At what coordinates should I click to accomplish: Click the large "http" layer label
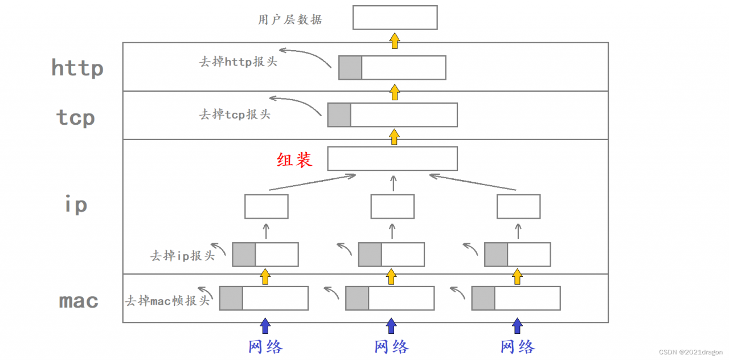tap(77, 68)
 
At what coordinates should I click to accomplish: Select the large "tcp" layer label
tap(75, 117)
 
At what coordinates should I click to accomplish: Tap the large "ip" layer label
tap(76, 204)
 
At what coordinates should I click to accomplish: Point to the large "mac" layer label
tap(79, 300)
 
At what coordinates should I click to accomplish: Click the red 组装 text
tap(294, 159)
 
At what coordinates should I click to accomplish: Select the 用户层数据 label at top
tap(290, 19)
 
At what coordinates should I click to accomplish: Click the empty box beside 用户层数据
tap(395, 18)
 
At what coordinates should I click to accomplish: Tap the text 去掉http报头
tap(237, 62)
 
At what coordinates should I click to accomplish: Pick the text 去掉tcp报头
tap(234, 114)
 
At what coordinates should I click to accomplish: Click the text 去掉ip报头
tap(182, 255)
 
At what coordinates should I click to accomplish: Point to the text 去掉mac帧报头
tap(168, 300)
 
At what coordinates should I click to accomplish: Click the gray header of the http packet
tap(350, 68)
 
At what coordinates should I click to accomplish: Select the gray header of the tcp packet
tap(339, 115)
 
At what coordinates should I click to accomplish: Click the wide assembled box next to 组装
tap(392, 158)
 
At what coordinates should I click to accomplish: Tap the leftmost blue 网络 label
tap(265, 346)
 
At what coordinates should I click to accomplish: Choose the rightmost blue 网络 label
tap(517, 346)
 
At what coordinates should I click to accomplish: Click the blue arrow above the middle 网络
tap(391, 326)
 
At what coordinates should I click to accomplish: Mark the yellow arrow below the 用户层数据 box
tap(395, 40)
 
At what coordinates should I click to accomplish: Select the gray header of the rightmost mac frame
tap(483, 298)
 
